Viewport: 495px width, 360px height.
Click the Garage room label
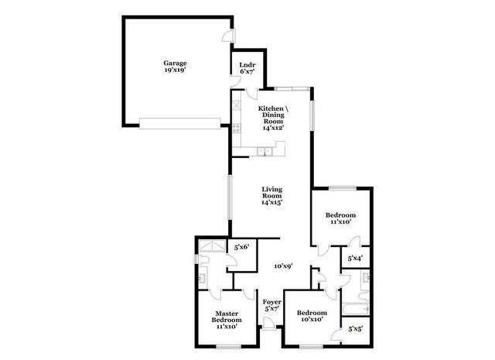[174, 67]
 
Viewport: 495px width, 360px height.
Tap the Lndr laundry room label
[247, 67]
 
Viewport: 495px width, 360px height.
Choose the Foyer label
[271, 305]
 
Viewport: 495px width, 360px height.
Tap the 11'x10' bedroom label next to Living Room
[340, 218]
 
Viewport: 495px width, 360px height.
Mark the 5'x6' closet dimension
[243, 248]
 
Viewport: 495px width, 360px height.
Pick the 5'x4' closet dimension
[356, 258]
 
